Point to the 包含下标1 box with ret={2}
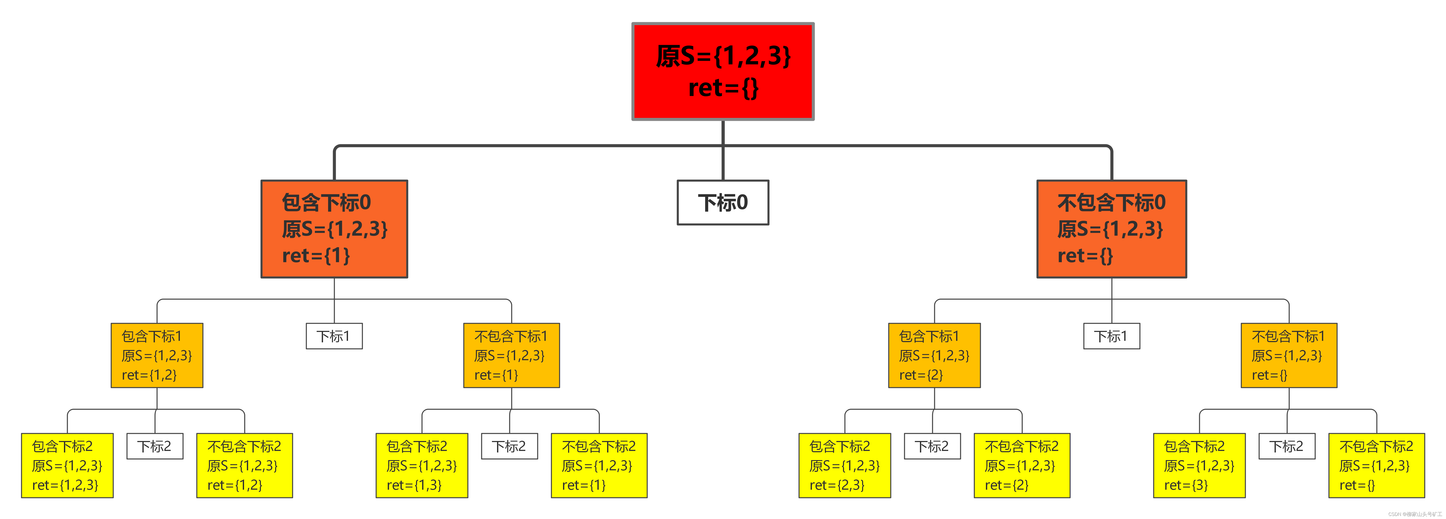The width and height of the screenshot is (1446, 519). pyautogui.click(x=934, y=355)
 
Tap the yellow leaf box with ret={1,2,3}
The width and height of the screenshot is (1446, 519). pyautogui.click(x=67, y=465)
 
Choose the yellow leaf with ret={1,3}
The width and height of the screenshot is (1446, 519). pyautogui.click(x=422, y=465)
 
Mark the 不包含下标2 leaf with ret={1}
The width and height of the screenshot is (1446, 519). pyautogui.click(x=599, y=465)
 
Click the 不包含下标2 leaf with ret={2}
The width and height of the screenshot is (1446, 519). pyautogui.click(x=1022, y=465)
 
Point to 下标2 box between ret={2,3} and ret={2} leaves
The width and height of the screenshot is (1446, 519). pyautogui.click(x=932, y=446)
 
